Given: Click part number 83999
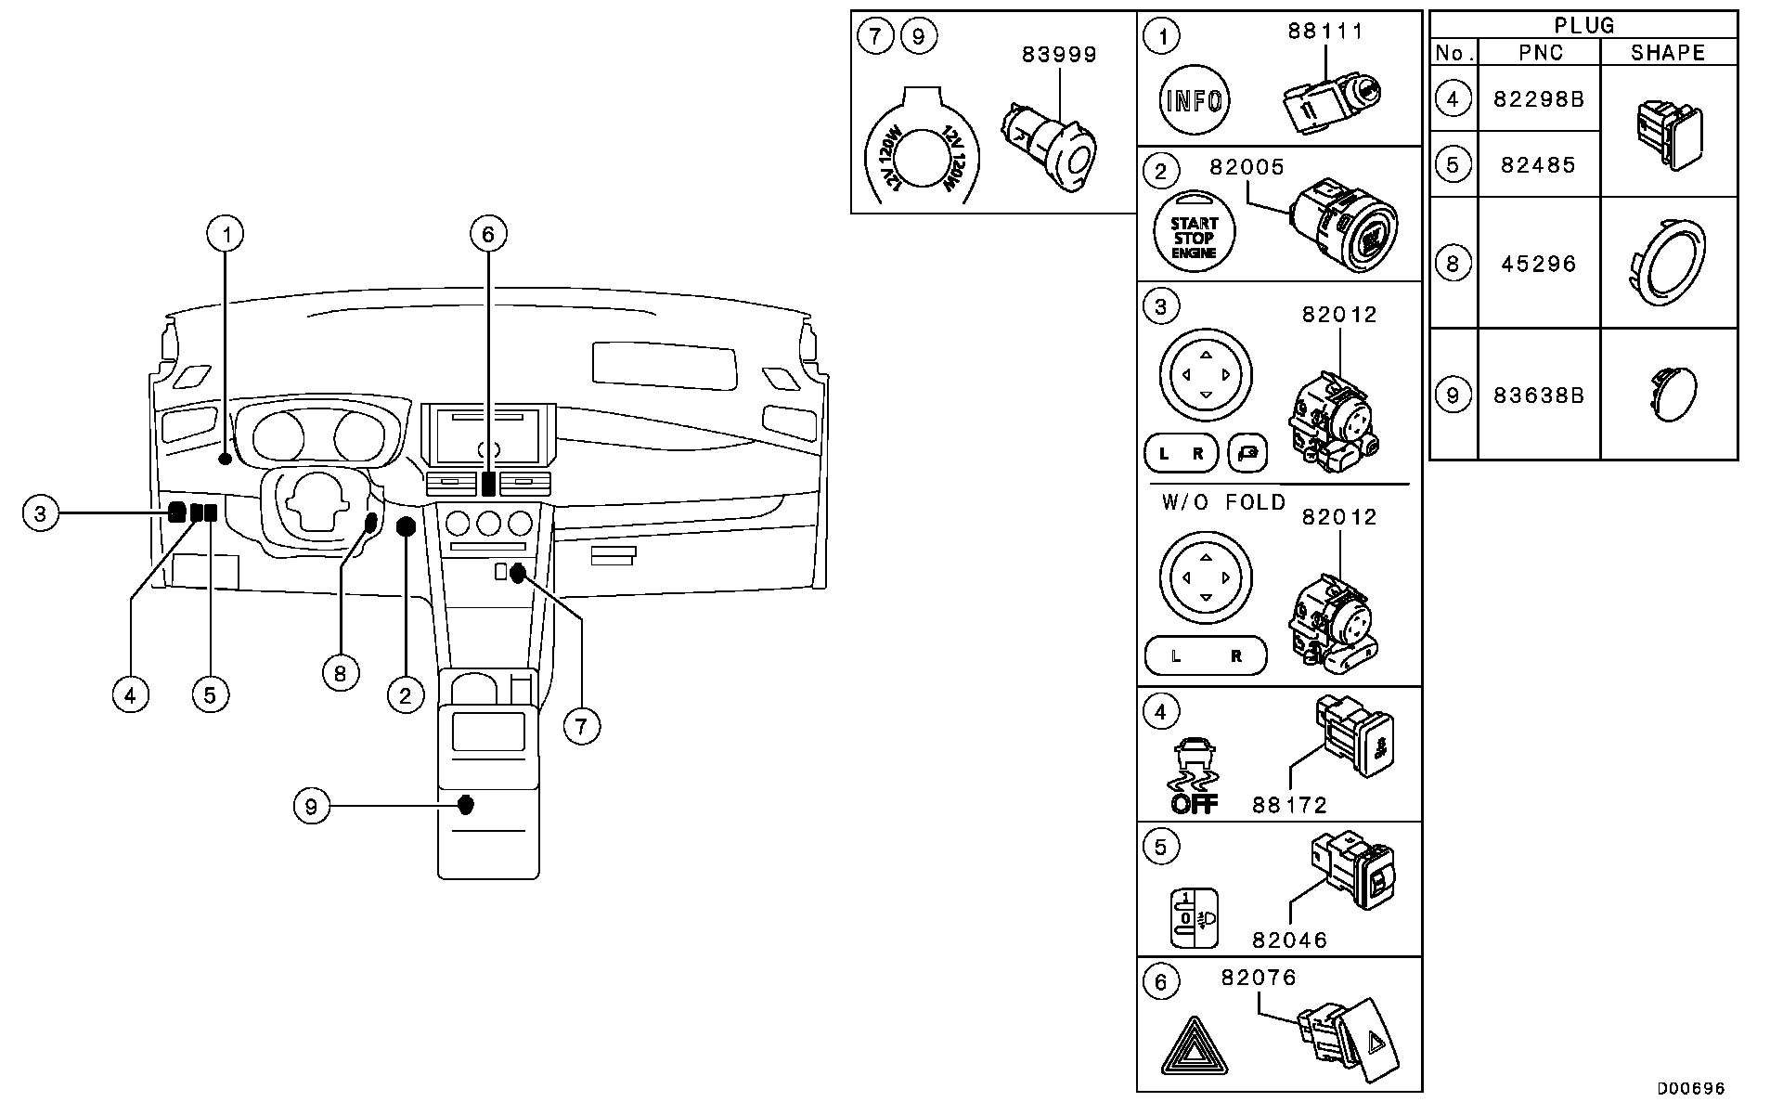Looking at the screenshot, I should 1059,55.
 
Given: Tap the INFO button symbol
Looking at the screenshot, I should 1194,100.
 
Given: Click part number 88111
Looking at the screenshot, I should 1325,31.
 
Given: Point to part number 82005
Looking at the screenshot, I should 1247,167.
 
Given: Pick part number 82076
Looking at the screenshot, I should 1259,978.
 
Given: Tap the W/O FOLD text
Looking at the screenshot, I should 1223,502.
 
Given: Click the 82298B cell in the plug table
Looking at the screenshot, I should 1539,97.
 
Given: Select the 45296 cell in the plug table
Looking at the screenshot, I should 1539,264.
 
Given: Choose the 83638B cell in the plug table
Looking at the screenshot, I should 1539,395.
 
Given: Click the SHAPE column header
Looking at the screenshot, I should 1668,53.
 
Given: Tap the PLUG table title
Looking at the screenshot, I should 1583,25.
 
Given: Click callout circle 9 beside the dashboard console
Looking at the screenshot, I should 311,806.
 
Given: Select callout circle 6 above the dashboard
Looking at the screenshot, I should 488,233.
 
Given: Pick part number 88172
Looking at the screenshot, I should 1289,805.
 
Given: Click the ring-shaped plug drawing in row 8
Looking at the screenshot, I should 1668,263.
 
